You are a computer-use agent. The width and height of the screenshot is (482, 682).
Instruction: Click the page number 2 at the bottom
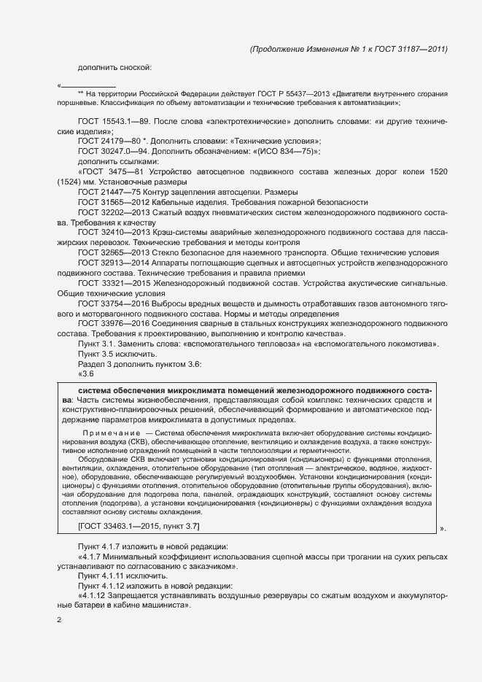point(59,621)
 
